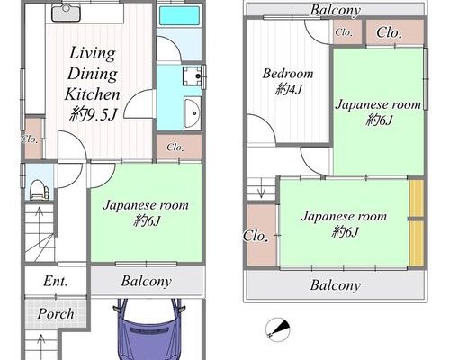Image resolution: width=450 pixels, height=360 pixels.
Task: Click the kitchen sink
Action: click(66, 13)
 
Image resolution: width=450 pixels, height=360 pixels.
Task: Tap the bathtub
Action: click(179, 16)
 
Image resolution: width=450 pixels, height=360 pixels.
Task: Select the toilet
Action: click(40, 189)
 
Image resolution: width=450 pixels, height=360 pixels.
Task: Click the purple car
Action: click(149, 329)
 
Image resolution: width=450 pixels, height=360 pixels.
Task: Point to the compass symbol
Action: click(278, 329)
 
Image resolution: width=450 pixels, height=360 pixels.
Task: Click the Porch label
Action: click(56, 314)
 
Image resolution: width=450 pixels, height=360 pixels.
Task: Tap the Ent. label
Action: click(56, 281)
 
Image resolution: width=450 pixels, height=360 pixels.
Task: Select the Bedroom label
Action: click(288, 74)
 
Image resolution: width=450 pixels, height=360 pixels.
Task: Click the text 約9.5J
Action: click(93, 114)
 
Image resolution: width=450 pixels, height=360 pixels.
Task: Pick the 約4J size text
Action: click(289, 89)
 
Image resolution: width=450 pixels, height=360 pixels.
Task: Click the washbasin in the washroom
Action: click(193, 113)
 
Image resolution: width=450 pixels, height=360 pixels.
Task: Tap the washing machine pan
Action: click(193, 76)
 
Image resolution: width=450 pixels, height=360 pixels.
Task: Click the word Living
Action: click(93, 54)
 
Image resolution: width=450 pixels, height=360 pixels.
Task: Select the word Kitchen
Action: click(93, 94)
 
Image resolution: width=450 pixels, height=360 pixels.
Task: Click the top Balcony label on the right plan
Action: click(336, 10)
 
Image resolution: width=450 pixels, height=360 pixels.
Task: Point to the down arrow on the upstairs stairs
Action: click(261, 188)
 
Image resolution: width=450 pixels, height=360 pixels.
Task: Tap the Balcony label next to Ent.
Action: click(147, 281)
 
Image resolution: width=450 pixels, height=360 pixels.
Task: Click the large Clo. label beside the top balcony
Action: click(389, 32)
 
